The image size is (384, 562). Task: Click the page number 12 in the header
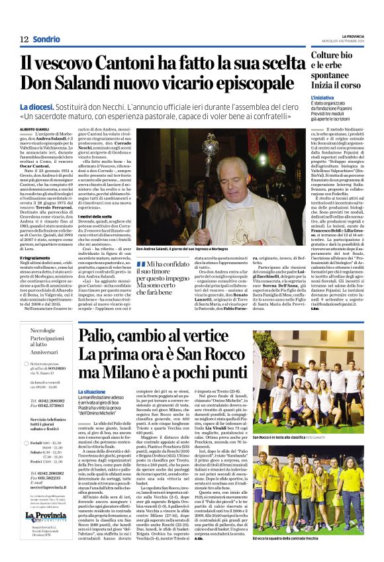pyautogui.click(x=23, y=38)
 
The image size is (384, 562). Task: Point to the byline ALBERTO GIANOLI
pyautogui.click(x=35, y=129)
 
